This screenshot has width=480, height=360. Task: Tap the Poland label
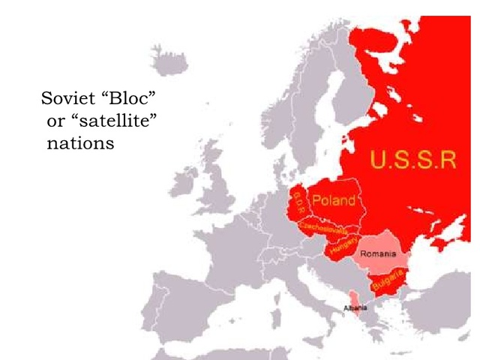[x=333, y=200]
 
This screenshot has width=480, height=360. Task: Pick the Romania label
[x=378, y=254]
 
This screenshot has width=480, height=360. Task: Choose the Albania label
[x=355, y=307]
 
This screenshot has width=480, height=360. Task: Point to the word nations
[x=80, y=142]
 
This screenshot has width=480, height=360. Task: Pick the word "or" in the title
[x=55, y=121]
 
